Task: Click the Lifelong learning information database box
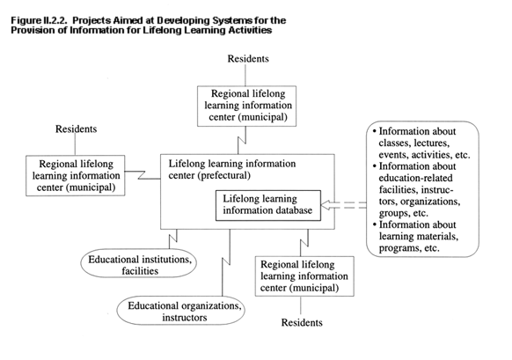point(268,205)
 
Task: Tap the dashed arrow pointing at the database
point(343,205)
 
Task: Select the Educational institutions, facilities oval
point(139,263)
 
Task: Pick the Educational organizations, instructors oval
point(181,311)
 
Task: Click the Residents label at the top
point(248,59)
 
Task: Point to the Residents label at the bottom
point(302,323)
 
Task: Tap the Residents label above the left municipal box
point(76,129)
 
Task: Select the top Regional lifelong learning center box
point(247,107)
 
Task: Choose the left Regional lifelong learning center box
point(76,176)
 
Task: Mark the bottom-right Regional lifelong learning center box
point(304,276)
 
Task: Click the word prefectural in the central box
point(223,176)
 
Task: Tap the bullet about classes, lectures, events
point(421,143)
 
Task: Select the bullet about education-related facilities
point(417,190)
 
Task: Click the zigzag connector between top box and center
point(242,141)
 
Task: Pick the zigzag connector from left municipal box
point(143,175)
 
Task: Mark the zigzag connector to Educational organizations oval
point(226,262)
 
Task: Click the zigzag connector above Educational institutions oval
point(173,239)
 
